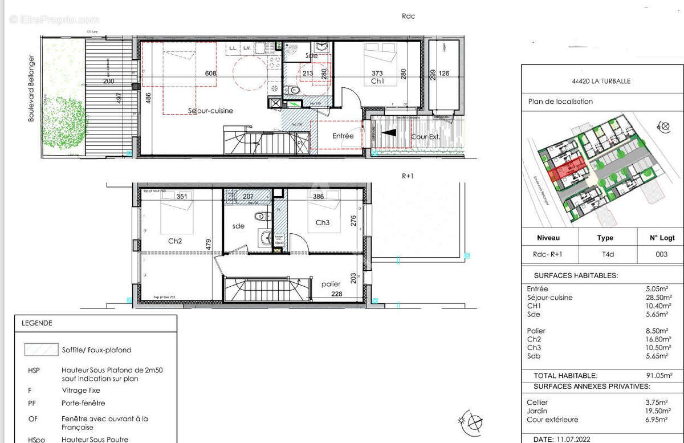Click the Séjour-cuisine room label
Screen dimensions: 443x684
click(211, 111)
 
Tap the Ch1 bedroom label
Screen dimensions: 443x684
click(377, 82)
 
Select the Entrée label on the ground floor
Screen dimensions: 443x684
click(343, 136)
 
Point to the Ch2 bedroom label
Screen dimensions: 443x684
click(175, 241)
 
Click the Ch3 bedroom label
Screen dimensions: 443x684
click(323, 222)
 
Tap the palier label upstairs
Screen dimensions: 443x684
click(331, 283)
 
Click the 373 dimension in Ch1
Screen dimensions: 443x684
click(377, 73)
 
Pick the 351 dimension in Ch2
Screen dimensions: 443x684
click(181, 197)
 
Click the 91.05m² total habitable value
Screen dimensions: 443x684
click(659, 376)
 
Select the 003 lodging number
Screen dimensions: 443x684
click(661, 254)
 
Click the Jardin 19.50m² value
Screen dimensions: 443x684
click(659, 411)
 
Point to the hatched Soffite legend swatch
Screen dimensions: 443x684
click(41, 349)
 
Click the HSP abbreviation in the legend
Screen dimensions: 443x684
click(34, 370)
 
